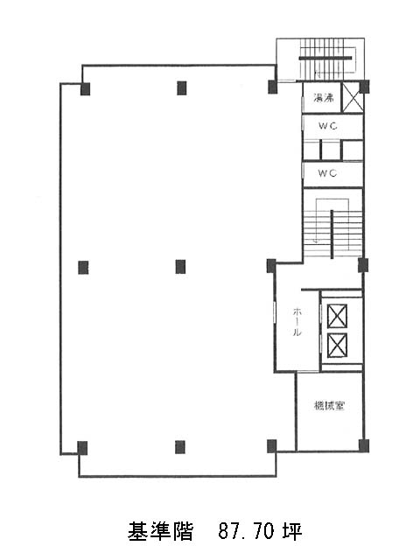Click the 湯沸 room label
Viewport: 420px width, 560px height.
(324, 97)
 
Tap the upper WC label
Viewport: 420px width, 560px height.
(327, 126)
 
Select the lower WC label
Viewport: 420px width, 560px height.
(327, 173)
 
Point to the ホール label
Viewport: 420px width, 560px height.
(297, 322)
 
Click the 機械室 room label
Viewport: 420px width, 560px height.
(329, 406)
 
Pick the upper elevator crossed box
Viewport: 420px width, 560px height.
(337, 316)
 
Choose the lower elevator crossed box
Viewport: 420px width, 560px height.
(337, 346)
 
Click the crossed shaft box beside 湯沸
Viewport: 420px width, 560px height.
(353, 97)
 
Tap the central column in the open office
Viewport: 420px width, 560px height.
(180, 267)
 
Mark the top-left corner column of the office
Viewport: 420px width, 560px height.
(86, 89)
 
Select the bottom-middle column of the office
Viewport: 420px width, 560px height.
(180, 447)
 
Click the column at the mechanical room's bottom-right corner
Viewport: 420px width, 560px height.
(364, 445)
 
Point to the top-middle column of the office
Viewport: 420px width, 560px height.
(182, 88)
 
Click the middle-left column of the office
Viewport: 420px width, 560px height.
(83, 268)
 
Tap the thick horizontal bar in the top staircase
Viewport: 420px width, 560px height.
(325, 58)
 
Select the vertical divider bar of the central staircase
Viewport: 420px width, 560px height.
(332, 234)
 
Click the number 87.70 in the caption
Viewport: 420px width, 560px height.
(246, 531)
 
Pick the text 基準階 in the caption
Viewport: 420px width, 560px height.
(160, 531)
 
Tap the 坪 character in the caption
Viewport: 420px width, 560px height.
(292, 531)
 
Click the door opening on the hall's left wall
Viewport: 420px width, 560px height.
(275, 313)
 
